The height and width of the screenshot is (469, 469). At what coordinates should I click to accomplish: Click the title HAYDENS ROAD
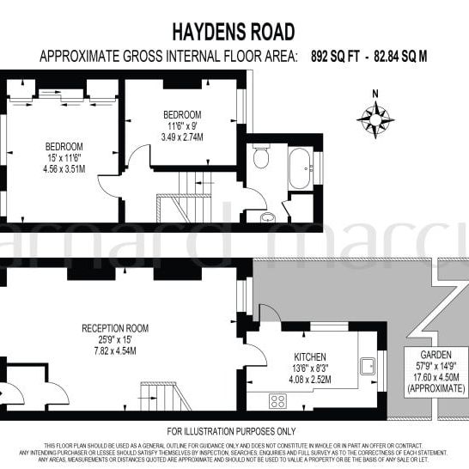pyautogui.click(x=234, y=33)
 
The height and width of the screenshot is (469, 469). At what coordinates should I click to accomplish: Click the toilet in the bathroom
pyautogui.click(x=261, y=158)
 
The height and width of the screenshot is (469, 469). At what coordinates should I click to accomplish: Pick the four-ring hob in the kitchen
pyautogui.click(x=278, y=399)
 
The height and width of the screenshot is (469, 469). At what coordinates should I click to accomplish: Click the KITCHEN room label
pyautogui.click(x=310, y=355)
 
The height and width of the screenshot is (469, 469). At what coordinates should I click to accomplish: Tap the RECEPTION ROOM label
pyautogui.click(x=115, y=328)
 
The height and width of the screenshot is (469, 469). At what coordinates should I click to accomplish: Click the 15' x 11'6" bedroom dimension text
pyautogui.click(x=64, y=157)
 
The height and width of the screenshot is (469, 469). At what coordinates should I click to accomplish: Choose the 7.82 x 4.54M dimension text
pyautogui.click(x=115, y=350)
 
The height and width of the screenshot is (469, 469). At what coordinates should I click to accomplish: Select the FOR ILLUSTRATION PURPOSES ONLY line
pyautogui.click(x=232, y=430)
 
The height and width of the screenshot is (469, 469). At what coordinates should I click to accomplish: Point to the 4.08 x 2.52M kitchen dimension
pyautogui.click(x=310, y=377)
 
